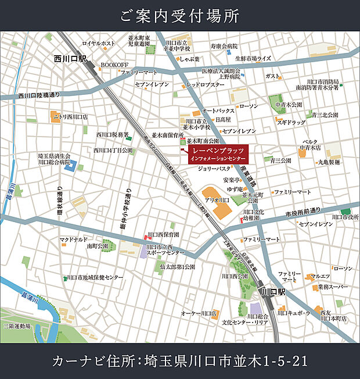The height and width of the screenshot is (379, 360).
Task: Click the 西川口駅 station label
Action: [x=70, y=59]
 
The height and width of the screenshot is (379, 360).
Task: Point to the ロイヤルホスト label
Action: [x=99, y=43]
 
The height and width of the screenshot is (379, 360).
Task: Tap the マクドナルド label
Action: [x=73, y=239]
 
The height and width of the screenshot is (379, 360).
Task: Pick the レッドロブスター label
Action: [x=205, y=84]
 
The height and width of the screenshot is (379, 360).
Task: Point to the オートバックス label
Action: [x=218, y=110]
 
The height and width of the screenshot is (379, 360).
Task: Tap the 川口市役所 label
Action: [x=345, y=217]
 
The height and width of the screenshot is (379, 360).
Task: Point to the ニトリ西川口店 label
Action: [x=70, y=116]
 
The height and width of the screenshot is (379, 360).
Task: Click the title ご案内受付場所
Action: [x=179, y=16]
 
